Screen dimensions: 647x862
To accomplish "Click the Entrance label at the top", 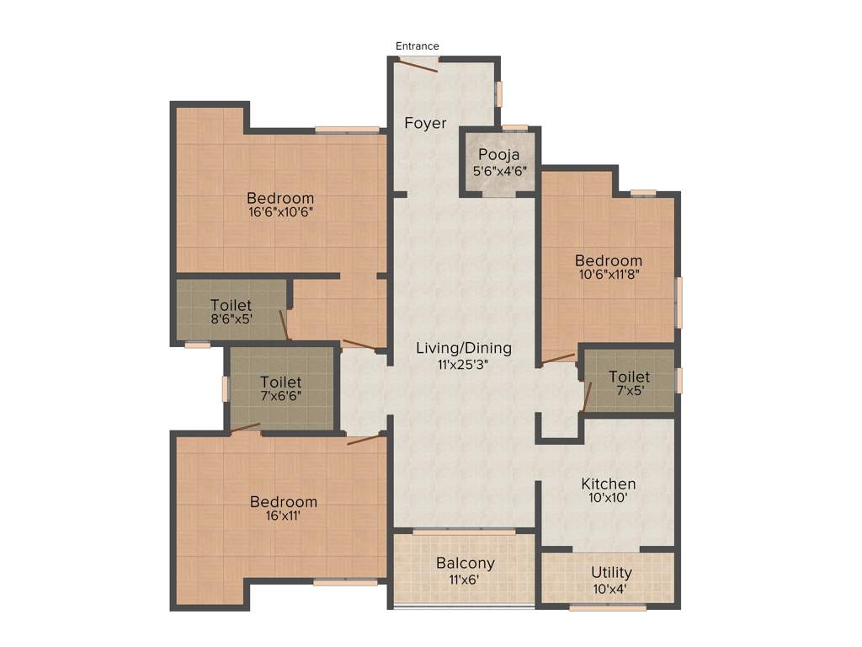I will (418, 45).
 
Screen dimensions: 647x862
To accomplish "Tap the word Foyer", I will (425, 123).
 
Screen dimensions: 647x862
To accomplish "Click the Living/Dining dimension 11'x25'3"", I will (463, 365).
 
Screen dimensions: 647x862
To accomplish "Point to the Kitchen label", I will (609, 484).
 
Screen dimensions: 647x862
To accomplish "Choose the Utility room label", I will (611, 573).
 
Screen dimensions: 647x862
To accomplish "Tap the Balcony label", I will (465, 564).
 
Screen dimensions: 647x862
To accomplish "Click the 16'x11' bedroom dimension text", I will (283, 516).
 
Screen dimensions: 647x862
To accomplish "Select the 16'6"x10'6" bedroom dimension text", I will (280, 213).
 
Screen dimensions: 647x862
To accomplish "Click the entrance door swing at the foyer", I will (418, 66).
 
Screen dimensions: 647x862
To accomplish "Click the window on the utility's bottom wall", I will (608, 607).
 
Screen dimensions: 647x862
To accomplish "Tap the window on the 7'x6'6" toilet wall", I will (226, 388).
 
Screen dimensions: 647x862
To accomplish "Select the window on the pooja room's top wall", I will (515, 127).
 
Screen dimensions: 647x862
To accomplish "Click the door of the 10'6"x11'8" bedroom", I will (558, 358).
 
